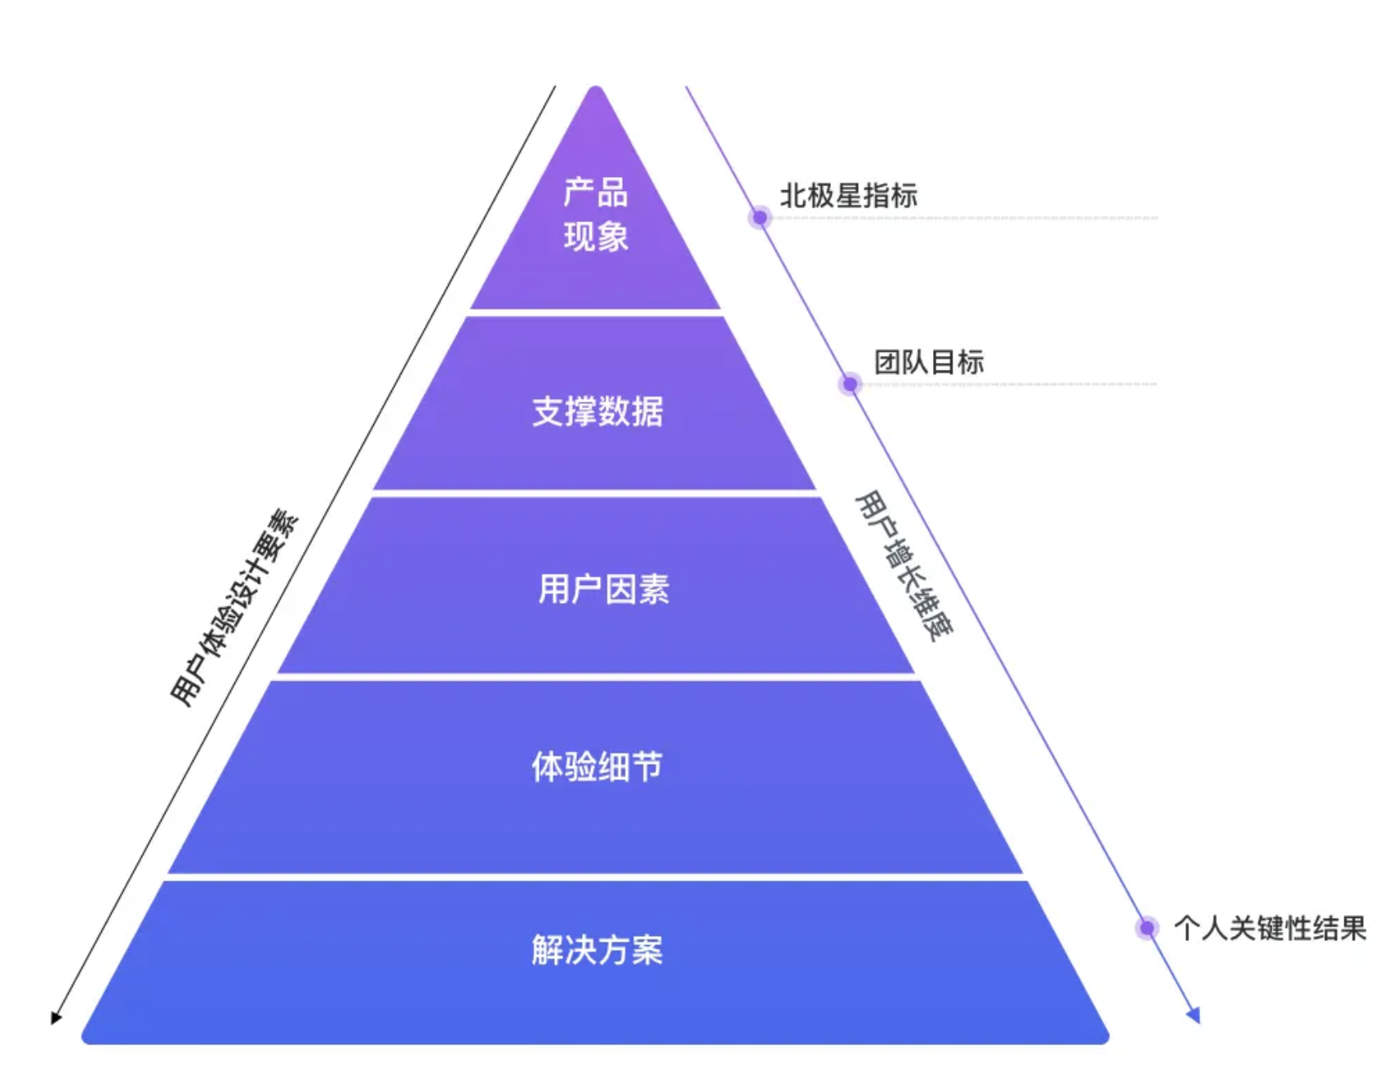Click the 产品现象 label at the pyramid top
pyautogui.click(x=596, y=215)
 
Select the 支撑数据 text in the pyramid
pyautogui.click(x=597, y=411)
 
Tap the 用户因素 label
pyautogui.click(x=603, y=588)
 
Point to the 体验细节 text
pyautogui.click(x=597, y=766)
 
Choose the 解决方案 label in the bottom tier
pyautogui.click(x=597, y=950)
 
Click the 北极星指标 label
pyautogui.click(x=849, y=196)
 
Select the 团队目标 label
pyautogui.click(x=929, y=362)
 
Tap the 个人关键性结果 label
pyautogui.click(x=1270, y=928)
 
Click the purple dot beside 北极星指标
pyautogui.click(x=760, y=218)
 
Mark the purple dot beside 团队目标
pyautogui.click(x=850, y=384)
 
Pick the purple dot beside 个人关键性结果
pyautogui.click(x=1147, y=928)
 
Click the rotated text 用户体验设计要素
pyautogui.click(x=235, y=608)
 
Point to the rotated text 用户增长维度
pyautogui.click(x=904, y=566)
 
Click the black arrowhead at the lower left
pyautogui.click(x=56, y=1018)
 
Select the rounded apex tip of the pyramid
pyautogui.click(x=596, y=88)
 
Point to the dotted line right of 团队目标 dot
pyautogui.click(x=1009, y=384)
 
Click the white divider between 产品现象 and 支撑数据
pyautogui.click(x=596, y=313)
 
